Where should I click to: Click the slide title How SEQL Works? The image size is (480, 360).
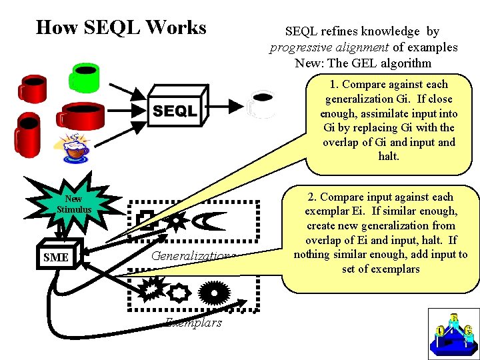[x=121, y=28]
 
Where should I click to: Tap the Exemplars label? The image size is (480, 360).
[x=194, y=323]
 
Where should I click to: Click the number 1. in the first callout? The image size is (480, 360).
[x=334, y=85]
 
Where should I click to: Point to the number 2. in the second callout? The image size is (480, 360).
[x=312, y=197]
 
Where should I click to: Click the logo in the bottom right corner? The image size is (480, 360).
[x=453, y=333]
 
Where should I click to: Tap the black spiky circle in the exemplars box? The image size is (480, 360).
[x=214, y=291]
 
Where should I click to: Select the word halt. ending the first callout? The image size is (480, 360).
[x=389, y=157]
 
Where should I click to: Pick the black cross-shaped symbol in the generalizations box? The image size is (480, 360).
[x=145, y=219]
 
